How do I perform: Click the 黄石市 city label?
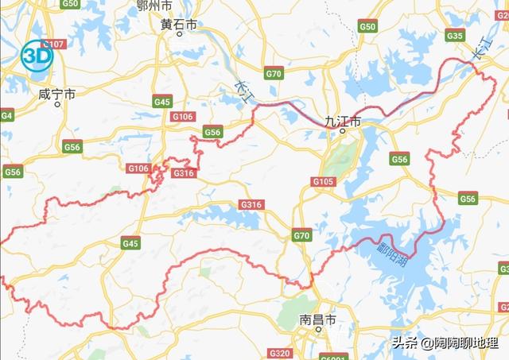pos(177,25)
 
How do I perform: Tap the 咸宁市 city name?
pos(56,94)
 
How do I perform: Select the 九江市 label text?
pos(343,122)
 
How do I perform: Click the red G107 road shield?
pos(54,44)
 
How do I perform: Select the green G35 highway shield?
pos(455,36)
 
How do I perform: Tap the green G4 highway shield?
pos(6,115)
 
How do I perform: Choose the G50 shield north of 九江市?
pos(367,27)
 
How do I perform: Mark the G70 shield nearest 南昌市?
pos(301,235)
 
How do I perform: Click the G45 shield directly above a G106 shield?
pos(162,102)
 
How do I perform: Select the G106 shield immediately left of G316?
pos(138,168)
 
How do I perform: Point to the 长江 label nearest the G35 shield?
pos(480,49)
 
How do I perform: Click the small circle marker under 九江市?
pos(343,131)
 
